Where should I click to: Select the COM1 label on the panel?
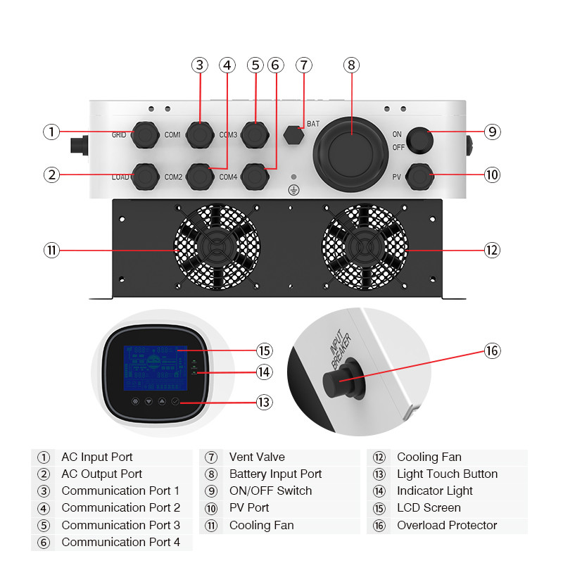(x=173, y=134)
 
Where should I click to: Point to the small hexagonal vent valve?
(x=293, y=134)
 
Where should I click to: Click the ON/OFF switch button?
(x=419, y=139)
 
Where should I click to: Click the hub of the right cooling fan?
(x=363, y=248)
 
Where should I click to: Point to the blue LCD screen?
(x=158, y=369)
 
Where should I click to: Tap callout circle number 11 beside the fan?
(x=51, y=250)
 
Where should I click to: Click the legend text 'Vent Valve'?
(x=257, y=457)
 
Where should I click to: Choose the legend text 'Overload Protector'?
(x=447, y=525)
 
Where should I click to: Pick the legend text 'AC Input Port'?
(x=97, y=457)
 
